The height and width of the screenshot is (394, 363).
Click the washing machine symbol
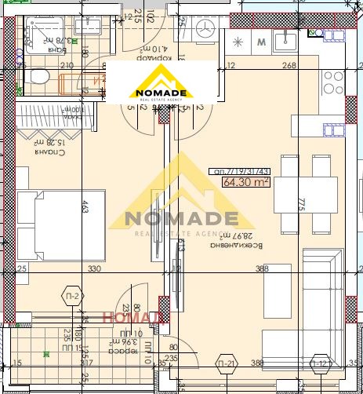pyautogui.click(x=207, y=30)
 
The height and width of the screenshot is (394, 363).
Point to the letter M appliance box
pyautogui.click(x=262, y=42)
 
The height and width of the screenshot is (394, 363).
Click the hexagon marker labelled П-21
pyautogui.click(x=227, y=363)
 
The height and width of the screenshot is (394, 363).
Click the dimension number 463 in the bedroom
pyautogui.click(x=84, y=208)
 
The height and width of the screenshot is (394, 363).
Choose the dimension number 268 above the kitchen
pyautogui.click(x=289, y=66)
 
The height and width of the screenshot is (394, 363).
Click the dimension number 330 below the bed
pyautogui.click(x=93, y=269)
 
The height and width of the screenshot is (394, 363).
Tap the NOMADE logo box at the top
pyautogui.click(x=159, y=81)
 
